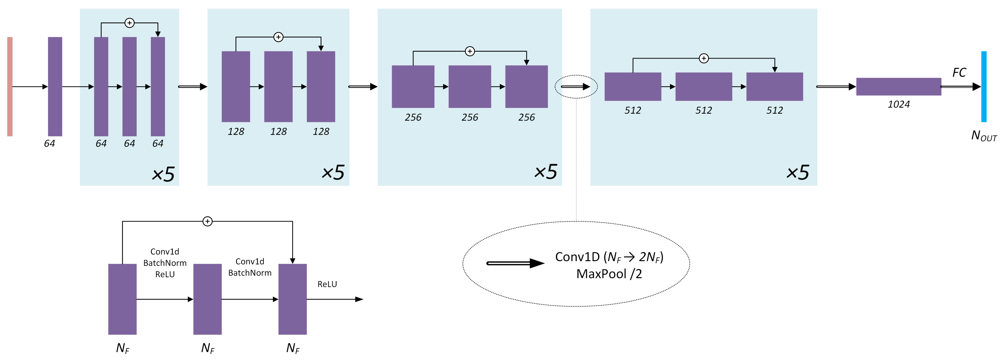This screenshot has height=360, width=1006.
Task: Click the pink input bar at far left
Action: tap(10, 86)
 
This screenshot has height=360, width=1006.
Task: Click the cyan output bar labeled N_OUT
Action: tap(984, 86)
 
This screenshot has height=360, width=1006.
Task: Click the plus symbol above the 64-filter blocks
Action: tap(129, 23)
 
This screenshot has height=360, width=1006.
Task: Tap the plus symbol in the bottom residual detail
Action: tap(207, 221)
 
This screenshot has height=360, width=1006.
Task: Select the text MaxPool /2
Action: tap(609, 274)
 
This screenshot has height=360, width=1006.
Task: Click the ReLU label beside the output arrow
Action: tap(327, 284)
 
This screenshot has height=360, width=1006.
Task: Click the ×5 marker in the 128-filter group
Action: tap(333, 172)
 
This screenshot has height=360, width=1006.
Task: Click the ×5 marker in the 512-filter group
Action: tap(798, 172)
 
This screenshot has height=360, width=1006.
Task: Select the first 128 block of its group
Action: tap(236, 86)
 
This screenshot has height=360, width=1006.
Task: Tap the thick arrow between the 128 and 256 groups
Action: tap(363, 86)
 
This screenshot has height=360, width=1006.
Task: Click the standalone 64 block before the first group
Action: tap(55, 86)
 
